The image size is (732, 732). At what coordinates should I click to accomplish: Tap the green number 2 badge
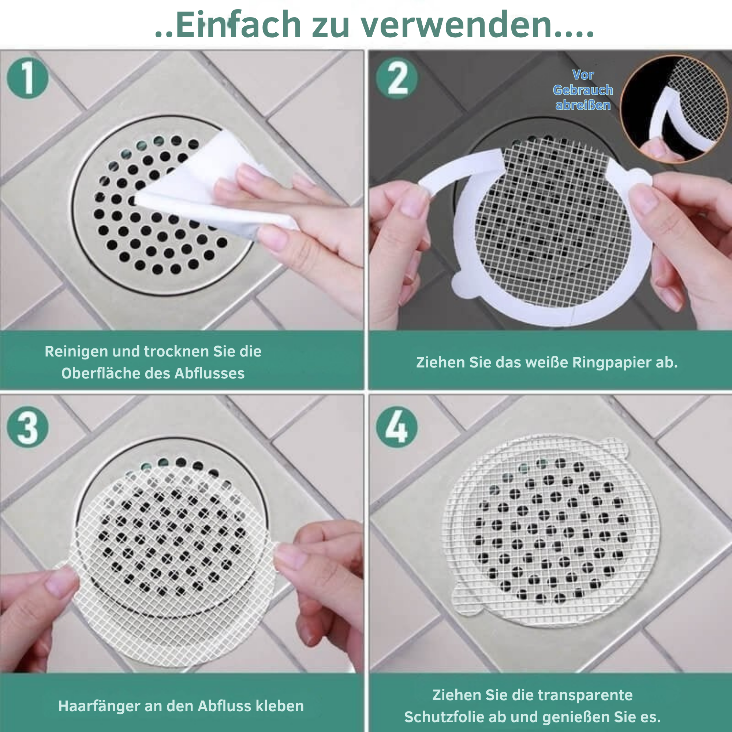pyautogui.click(x=397, y=78)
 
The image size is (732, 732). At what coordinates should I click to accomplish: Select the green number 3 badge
pyautogui.click(x=28, y=427)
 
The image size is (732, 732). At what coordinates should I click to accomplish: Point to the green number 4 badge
pyautogui.click(x=397, y=427)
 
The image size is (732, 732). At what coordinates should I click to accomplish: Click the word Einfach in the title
pyautogui.click(x=239, y=25)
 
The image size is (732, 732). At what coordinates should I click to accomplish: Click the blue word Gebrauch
pyautogui.click(x=583, y=90)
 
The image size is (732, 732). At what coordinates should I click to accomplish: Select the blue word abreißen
pyautogui.click(x=583, y=105)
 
